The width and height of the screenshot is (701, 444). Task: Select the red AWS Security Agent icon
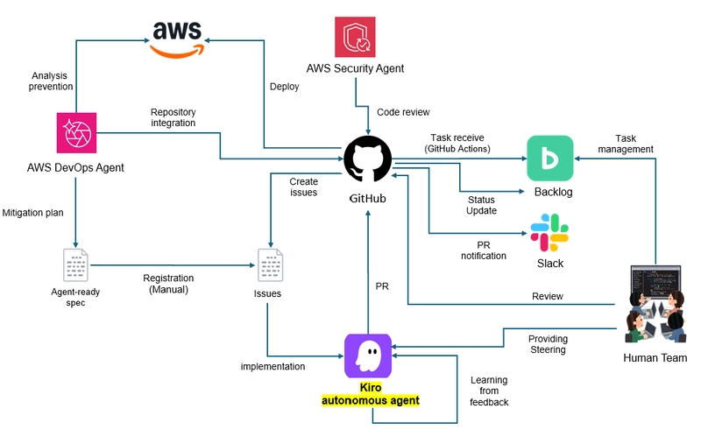[355, 37]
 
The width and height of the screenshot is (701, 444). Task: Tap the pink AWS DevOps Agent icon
[75, 134]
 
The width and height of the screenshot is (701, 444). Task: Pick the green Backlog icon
[549, 158]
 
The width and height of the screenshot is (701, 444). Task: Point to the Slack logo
[549, 233]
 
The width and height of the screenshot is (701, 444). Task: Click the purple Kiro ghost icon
[368, 356]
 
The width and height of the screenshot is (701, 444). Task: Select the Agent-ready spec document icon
[76, 265]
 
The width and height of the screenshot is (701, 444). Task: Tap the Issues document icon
[268, 265]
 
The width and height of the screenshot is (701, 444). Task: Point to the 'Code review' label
[403, 112]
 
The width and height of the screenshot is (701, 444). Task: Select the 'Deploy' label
[284, 87]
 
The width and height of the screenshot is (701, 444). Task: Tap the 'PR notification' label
[484, 250]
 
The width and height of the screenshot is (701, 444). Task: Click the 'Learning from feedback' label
[489, 391]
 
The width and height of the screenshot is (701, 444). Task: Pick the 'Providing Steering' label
[548, 344]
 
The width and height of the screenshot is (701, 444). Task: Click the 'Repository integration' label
[173, 118]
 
